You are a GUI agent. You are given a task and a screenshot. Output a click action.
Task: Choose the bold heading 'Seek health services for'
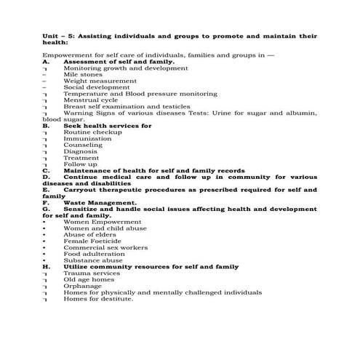[108, 126]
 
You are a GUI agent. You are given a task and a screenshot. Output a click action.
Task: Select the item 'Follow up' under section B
[80, 164]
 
